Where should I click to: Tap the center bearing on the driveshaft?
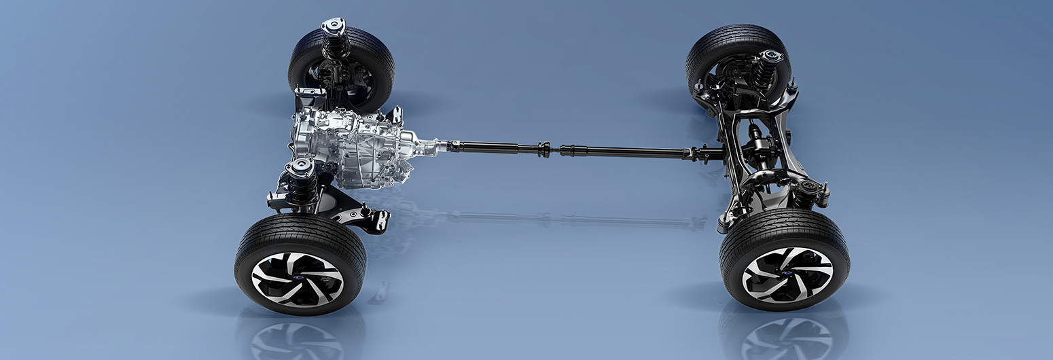pos(544,149)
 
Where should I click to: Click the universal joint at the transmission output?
pos(446,145)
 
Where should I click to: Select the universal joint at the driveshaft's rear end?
pos(696,154)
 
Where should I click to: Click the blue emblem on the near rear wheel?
pos(787,274)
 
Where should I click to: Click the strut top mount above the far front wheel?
pos(333,26)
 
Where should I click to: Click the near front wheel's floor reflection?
pos(299,336)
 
